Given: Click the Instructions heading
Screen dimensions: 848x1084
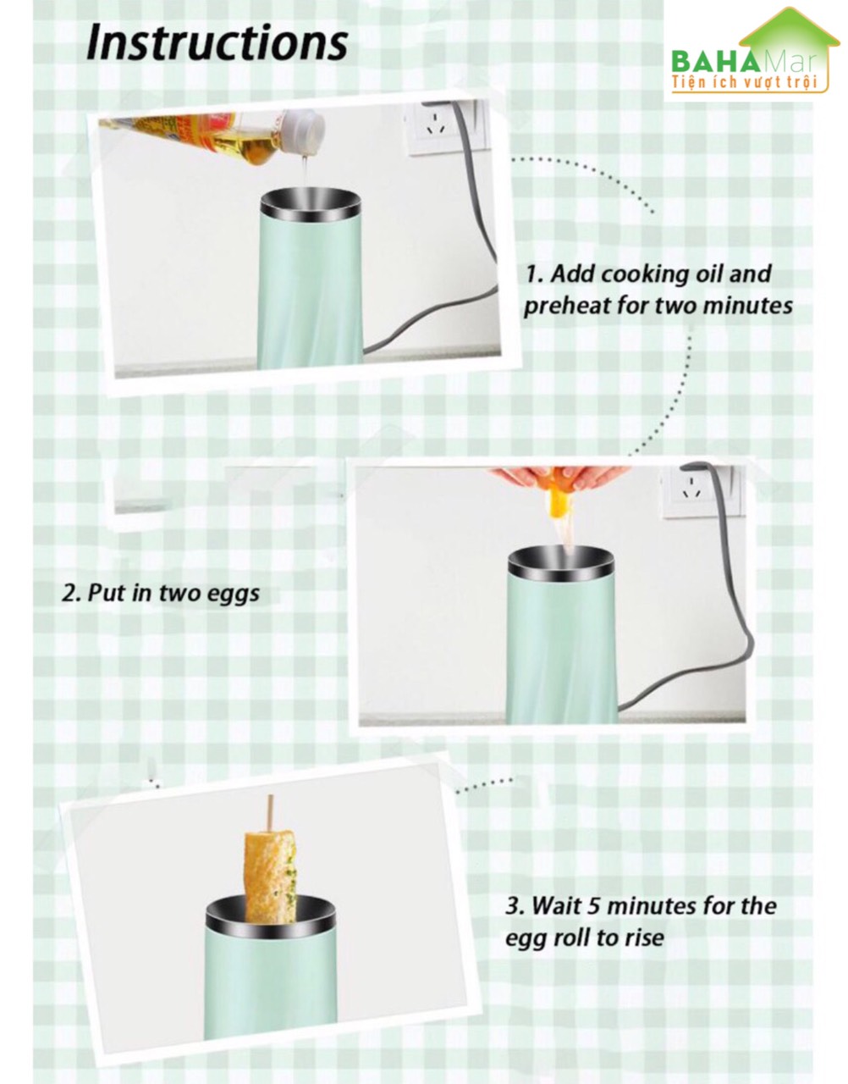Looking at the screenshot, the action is click(x=217, y=45).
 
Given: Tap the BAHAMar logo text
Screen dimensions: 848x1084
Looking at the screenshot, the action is click(x=744, y=62).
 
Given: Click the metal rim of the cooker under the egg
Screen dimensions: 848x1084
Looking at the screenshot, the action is click(x=561, y=561).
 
